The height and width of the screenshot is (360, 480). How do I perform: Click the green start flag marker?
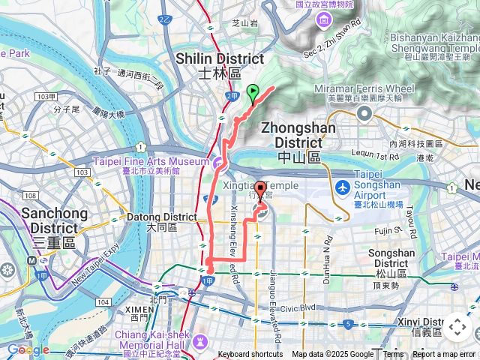click(253, 94)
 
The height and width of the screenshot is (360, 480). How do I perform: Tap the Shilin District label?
click(220, 65)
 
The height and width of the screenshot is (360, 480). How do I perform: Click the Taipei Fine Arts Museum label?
click(150, 166)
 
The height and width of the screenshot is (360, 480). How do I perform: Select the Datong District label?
click(161, 222)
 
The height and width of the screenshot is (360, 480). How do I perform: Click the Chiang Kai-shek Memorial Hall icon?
click(199, 341)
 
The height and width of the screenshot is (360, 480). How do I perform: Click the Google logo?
click(28, 349)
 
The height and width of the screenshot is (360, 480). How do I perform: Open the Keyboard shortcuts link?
click(250, 355)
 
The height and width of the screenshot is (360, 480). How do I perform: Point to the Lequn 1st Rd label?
click(373, 157)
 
